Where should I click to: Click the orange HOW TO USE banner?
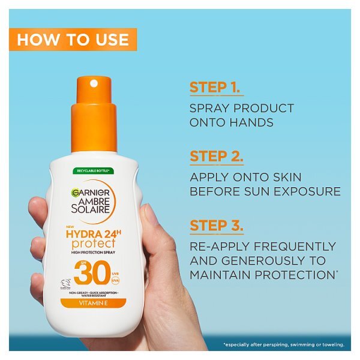click(x=73, y=40)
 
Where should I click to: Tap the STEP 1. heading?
click(x=216, y=86)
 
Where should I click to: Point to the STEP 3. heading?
click(x=217, y=226)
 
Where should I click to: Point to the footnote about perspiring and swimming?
click(x=283, y=344)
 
